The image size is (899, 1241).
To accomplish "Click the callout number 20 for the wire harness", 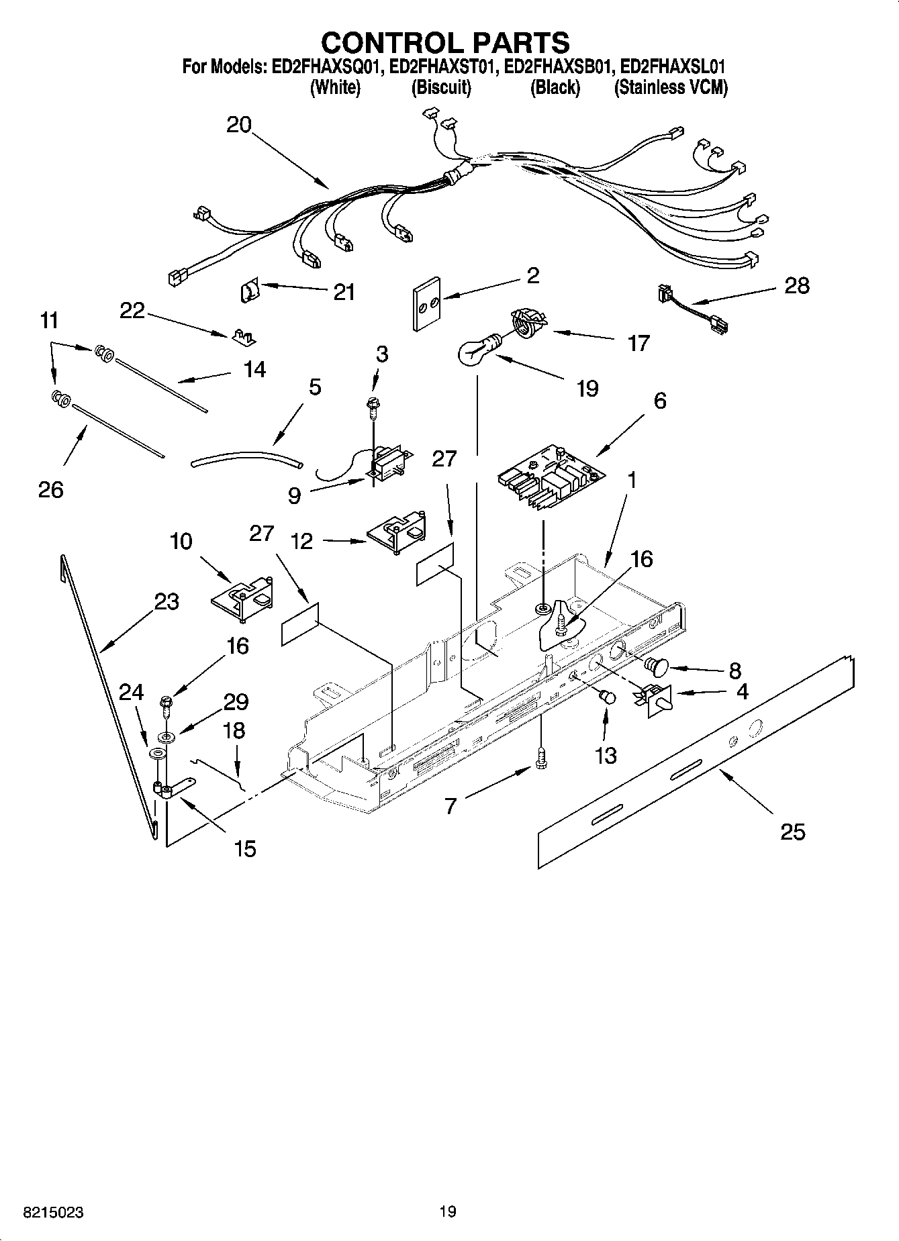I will tap(239, 125).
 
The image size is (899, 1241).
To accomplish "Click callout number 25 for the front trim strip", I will tap(792, 832).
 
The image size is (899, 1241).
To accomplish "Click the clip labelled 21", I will tap(249, 291).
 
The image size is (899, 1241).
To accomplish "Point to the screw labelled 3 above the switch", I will tap(371, 403).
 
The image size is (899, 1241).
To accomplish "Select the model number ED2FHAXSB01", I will tap(559, 67).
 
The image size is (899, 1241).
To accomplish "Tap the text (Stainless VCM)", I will tap(671, 87).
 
